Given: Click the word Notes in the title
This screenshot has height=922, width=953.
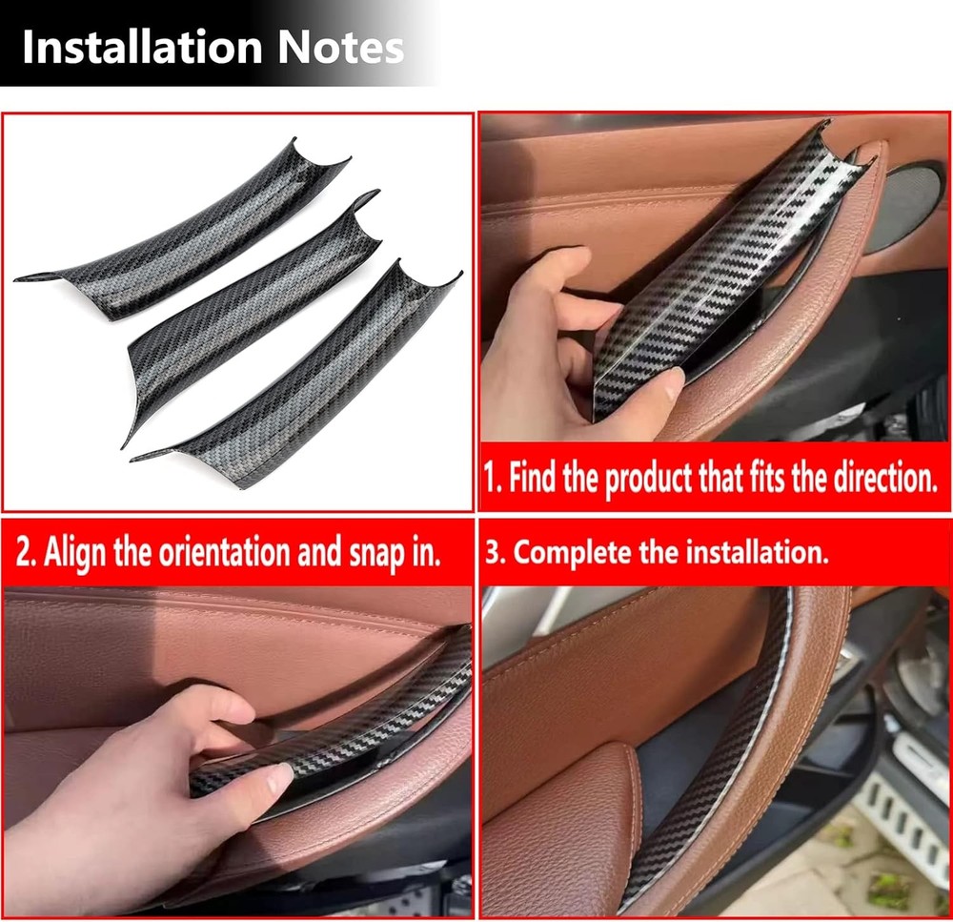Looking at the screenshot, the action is [341, 47].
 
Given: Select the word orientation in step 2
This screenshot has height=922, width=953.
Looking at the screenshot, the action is [225, 551].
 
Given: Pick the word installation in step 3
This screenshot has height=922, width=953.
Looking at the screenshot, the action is [758, 552].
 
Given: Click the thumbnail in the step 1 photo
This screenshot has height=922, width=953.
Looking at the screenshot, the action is [670, 382].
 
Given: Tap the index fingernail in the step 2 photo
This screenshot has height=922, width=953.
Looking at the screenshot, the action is [279, 778].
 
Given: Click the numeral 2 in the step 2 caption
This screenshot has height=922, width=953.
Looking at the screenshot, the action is [22, 552].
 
